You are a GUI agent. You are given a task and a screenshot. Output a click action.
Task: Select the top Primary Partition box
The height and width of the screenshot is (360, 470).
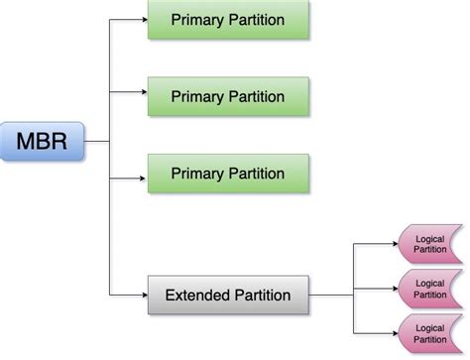point(227,20)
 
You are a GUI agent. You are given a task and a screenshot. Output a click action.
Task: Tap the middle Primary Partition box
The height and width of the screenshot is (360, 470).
point(227,96)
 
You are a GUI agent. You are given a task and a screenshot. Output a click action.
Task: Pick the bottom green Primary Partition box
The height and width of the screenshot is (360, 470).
point(227,173)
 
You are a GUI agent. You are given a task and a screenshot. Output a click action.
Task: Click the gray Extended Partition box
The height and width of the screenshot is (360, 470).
point(227,295)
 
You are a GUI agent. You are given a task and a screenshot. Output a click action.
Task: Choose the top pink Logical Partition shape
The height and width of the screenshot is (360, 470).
point(428,245)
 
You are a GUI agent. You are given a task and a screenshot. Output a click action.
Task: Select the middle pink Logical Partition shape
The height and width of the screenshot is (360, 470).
point(428,288)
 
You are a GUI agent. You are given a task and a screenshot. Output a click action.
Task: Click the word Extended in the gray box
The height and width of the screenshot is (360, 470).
point(198,295)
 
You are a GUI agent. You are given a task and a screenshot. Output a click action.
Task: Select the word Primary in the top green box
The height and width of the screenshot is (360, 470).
point(196,20)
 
